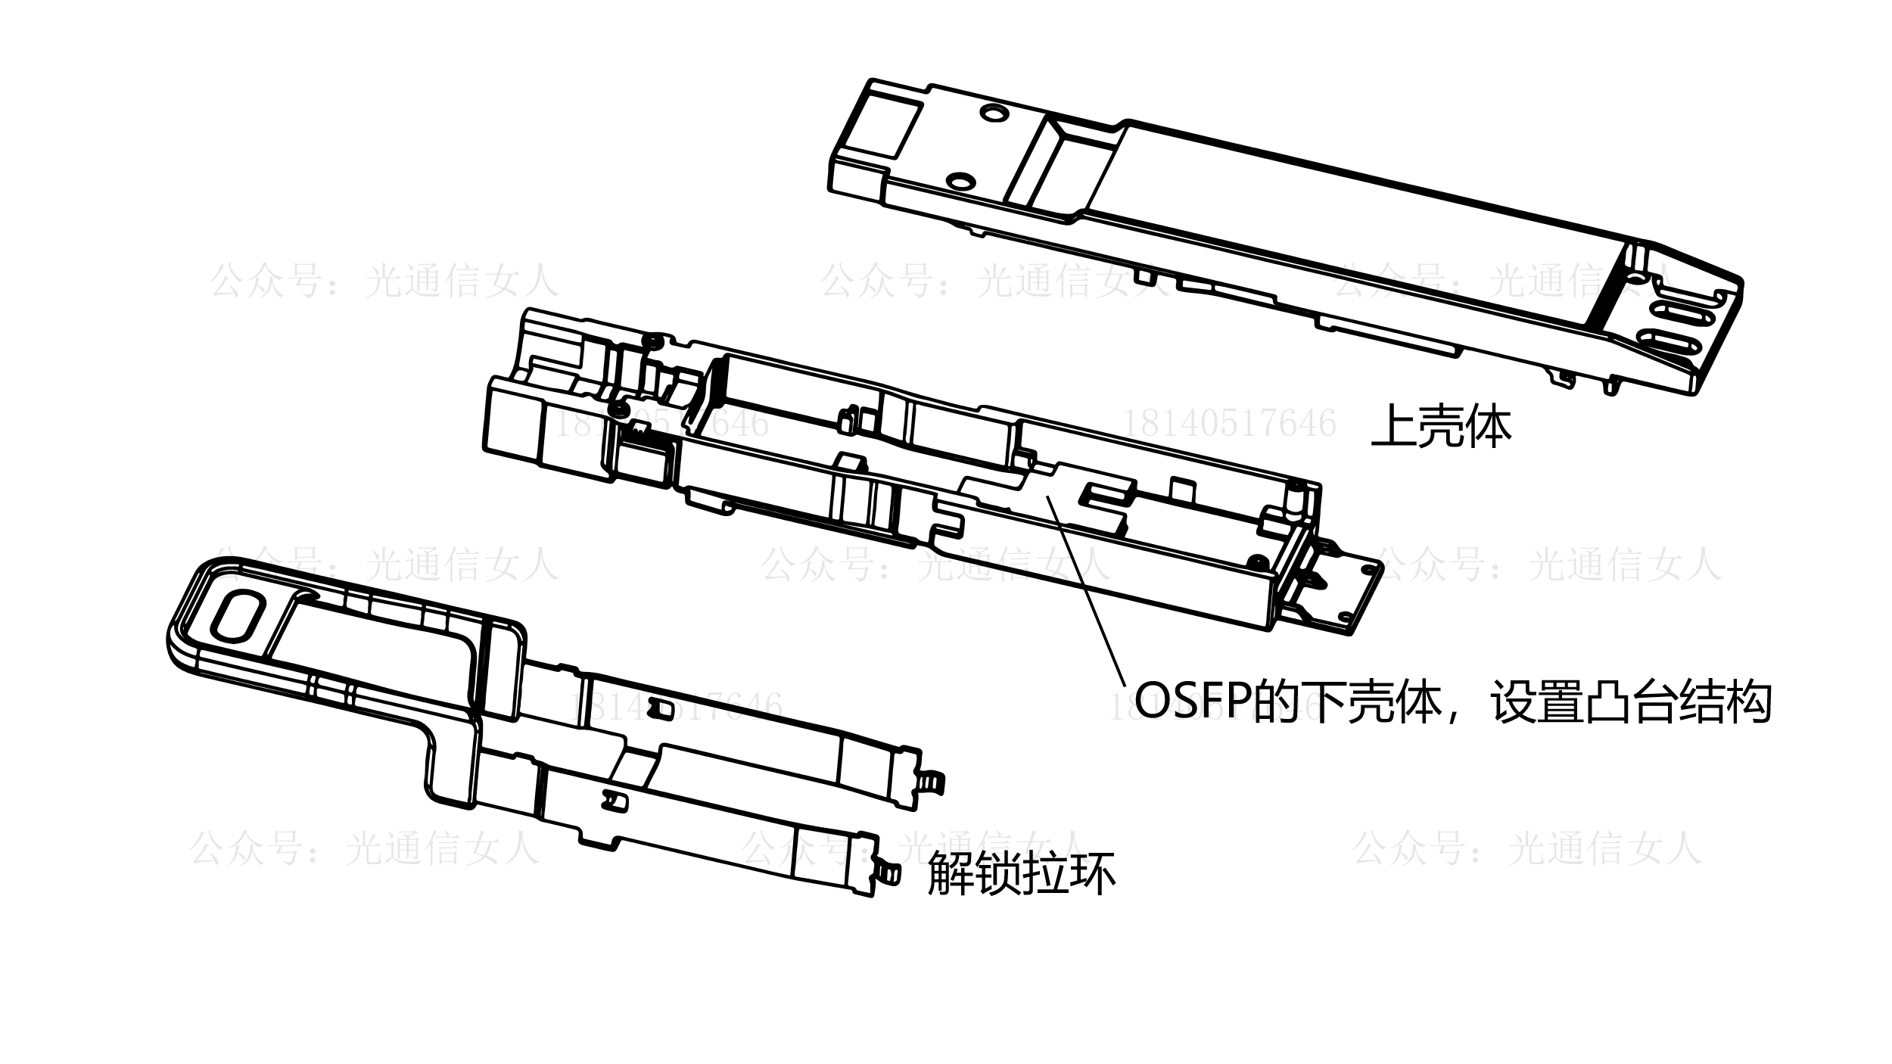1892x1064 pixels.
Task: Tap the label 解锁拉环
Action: (1022, 875)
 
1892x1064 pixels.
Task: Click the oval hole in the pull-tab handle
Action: (238, 612)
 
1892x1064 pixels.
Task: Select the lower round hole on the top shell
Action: (960, 181)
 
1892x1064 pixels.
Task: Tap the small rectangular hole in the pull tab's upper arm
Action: (664, 709)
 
